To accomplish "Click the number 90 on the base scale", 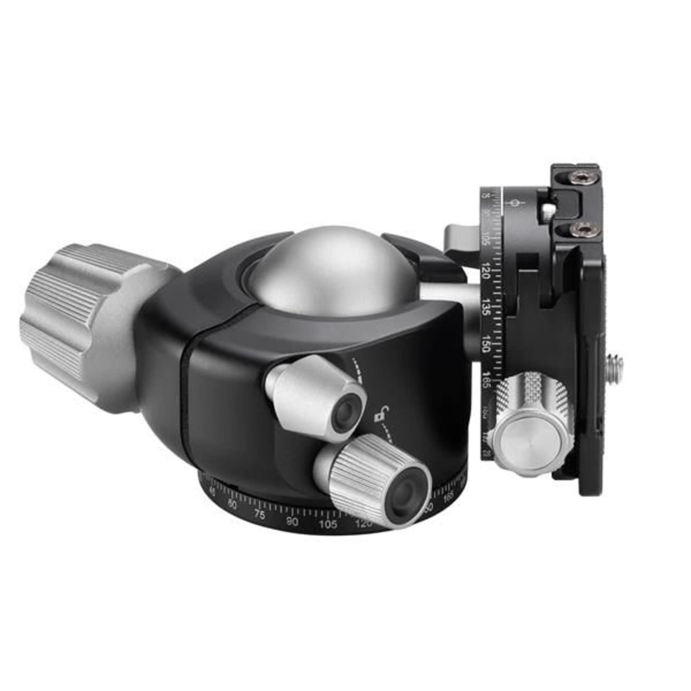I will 293,522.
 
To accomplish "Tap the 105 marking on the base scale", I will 328,525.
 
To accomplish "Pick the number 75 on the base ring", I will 260,515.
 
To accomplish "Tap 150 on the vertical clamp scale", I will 486,344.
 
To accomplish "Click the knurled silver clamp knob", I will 529,422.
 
